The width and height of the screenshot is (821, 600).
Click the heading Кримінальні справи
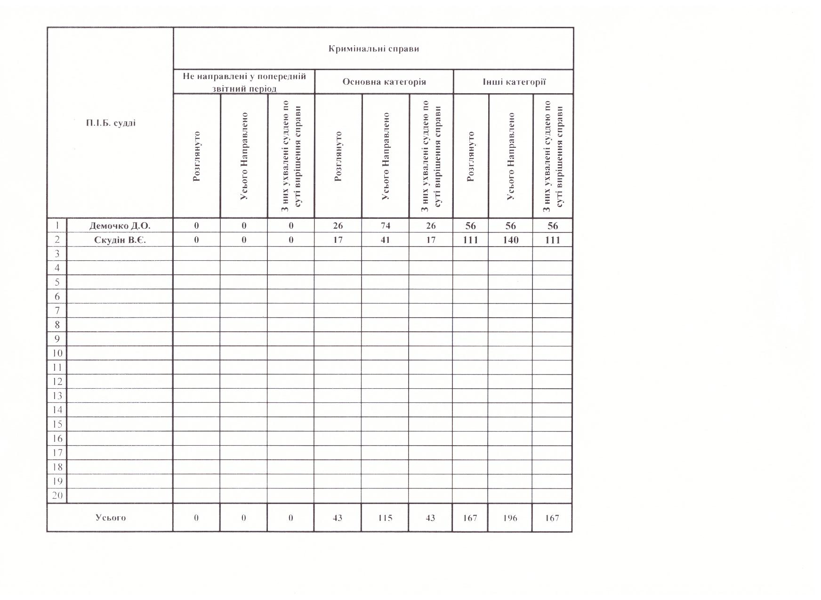373,49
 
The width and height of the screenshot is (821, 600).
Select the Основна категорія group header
384,82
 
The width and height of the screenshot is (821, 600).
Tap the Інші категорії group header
514,82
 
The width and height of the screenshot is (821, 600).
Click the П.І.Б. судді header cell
111,123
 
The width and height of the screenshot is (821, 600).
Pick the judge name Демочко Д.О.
120,226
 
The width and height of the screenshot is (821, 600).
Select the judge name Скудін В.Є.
120,240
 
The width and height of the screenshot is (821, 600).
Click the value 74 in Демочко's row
385,226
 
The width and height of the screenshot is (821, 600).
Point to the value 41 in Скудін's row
385,240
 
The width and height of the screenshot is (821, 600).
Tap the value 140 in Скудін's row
511,240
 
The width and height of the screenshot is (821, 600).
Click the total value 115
385,518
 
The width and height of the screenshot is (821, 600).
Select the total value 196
510,518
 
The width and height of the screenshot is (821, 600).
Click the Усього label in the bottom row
111,518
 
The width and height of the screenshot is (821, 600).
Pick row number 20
57,496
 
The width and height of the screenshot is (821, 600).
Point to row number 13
57,396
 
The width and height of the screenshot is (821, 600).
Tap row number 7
57,311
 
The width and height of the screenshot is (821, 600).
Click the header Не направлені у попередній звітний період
244,82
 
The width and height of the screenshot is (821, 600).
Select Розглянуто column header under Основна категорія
338,156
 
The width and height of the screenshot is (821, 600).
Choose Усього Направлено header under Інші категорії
511,156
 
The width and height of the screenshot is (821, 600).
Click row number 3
57,254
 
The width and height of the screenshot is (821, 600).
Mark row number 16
57,439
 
